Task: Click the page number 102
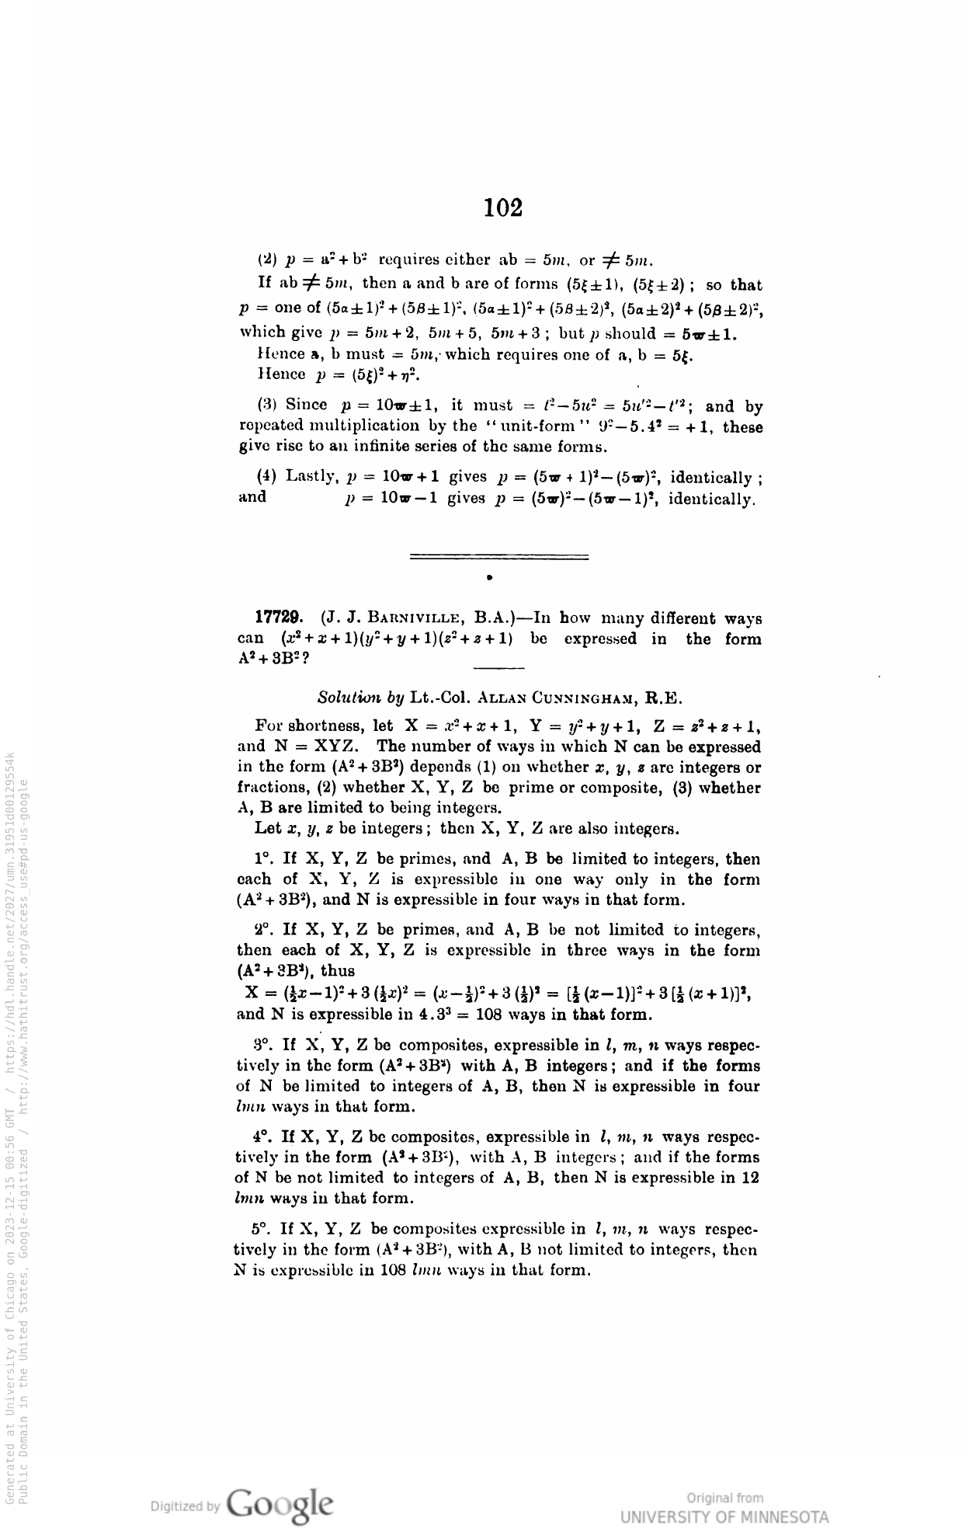click(x=503, y=208)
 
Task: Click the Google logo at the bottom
click(x=281, y=1504)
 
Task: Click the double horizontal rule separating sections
click(x=498, y=556)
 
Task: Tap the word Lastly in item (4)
click(x=313, y=475)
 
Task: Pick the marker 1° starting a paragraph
click(x=265, y=859)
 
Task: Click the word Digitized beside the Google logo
click(x=185, y=1506)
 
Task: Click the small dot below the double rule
click(x=489, y=578)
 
